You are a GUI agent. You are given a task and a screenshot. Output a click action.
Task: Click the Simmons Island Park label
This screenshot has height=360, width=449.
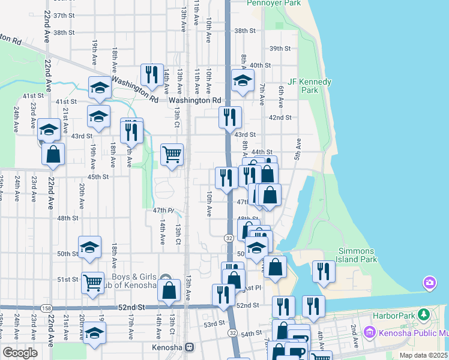pos(358,255)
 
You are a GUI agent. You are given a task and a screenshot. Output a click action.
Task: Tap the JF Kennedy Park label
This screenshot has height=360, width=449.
pos(310,86)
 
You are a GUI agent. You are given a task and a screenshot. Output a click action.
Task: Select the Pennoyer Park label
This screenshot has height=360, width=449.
pos(274,3)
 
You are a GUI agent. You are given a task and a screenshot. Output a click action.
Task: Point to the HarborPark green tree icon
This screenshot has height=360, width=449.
pos(424,314)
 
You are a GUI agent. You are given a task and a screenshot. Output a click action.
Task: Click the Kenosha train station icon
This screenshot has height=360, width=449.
pos(190,347)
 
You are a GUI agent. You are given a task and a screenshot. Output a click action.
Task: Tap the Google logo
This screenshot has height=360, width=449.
pos(19,353)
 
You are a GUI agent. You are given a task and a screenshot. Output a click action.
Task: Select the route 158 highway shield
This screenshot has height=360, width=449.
pos(46,308)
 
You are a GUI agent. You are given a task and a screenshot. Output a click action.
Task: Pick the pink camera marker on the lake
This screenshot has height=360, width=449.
pos(429,282)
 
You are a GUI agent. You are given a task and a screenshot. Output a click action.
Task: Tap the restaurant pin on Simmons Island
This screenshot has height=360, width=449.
pos(323,271)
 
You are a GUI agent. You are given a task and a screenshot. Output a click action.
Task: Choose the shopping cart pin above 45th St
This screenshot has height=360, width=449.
pos(172,155)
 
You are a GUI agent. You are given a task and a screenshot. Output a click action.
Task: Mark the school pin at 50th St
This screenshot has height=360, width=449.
pos(89,247)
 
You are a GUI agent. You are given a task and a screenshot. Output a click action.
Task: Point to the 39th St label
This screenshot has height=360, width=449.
pos(280,49)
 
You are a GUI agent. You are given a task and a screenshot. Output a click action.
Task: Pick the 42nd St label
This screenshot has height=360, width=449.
pos(280,118)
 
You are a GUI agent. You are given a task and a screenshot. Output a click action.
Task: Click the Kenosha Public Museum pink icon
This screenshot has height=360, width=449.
pos(369,332)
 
